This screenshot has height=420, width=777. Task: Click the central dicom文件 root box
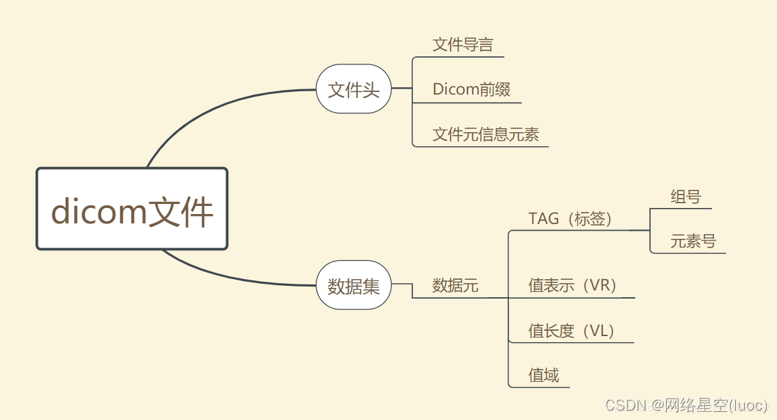(x=132, y=209)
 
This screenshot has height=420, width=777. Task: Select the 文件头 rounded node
(x=353, y=89)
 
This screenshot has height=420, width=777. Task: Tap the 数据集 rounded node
(x=353, y=286)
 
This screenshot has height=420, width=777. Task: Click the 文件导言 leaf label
(x=463, y=45)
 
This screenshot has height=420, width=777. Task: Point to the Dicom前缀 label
(x=471, y=90)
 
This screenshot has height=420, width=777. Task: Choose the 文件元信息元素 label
(x=486, y=134)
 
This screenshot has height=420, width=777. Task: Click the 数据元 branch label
(x=455, y=286)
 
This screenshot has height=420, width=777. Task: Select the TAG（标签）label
(x=570, y=219)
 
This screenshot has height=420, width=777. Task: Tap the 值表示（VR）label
(x=572, y=286)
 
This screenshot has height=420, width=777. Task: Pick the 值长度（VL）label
(x=572, y=331)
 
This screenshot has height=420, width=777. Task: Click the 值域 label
(x=543, y=375)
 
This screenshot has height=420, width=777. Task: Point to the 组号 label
(x=685, y=197)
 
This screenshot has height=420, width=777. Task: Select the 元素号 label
(x=693, y=242)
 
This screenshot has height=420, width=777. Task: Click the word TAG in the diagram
(x=543, y=219)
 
